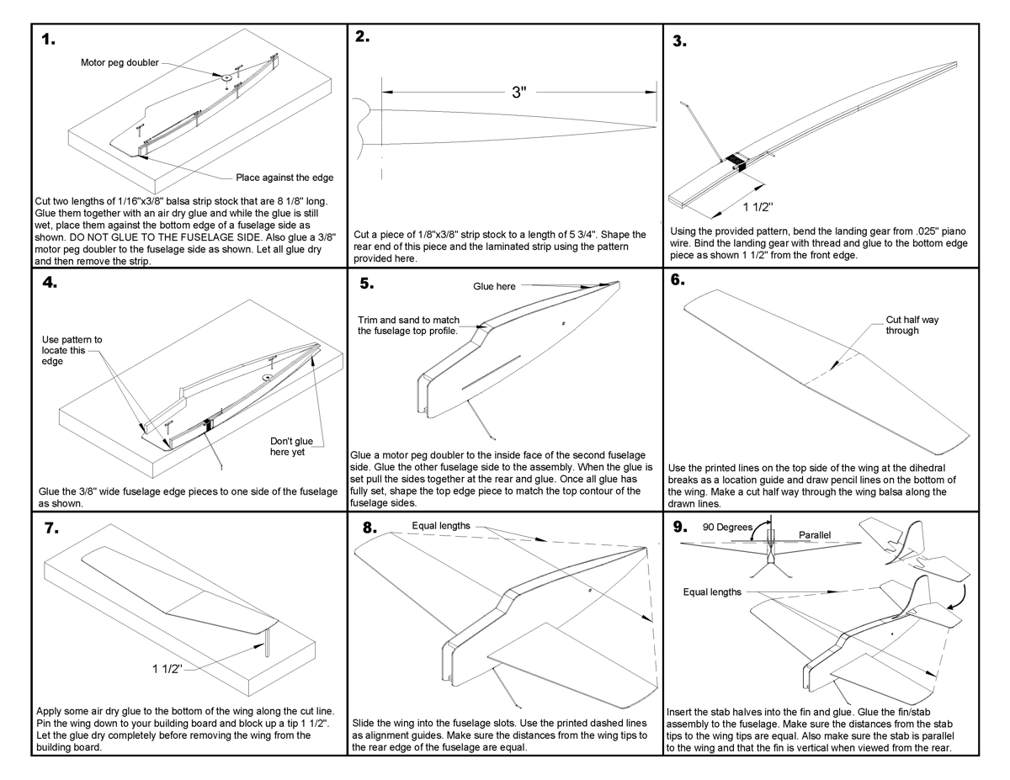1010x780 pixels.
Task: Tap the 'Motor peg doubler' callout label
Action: [119, 62]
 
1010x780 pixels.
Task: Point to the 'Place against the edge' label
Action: [284, 178]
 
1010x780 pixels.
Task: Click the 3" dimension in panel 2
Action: [519, 93]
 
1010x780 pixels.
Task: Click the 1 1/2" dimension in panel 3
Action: [759, 205]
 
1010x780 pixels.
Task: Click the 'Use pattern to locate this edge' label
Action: [72, 350]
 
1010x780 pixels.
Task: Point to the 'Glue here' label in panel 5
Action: [494, 287]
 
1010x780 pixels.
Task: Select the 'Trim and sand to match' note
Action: [407, 326]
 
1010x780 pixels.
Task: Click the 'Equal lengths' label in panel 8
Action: [440, 526]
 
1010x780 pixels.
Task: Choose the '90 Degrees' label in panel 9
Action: [727, 528]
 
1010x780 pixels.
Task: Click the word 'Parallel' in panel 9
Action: [815, 534]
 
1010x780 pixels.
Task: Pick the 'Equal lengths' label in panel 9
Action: [712, 592]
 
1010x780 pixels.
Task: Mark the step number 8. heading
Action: [369, 528]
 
